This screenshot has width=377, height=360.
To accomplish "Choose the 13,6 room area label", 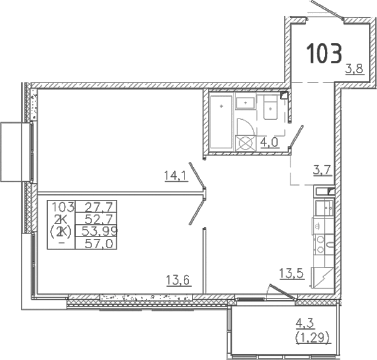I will pyautogui.click(x=178, y=279).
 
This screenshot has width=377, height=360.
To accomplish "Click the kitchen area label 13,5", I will pyautogui.click(x=291, y=274).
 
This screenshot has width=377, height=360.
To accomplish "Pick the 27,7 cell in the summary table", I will pyautogui.click(x=96, y=207).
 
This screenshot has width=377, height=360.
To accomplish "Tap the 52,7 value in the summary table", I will pyautogui.click(x=96, y=219).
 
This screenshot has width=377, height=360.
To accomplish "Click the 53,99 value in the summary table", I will pyautogui.click(x=96, y=231).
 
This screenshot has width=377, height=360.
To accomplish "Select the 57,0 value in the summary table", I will pyautogui.click(x=96, y=243).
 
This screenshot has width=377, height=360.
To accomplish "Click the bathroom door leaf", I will pyautogui.click(x=296, y=139).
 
